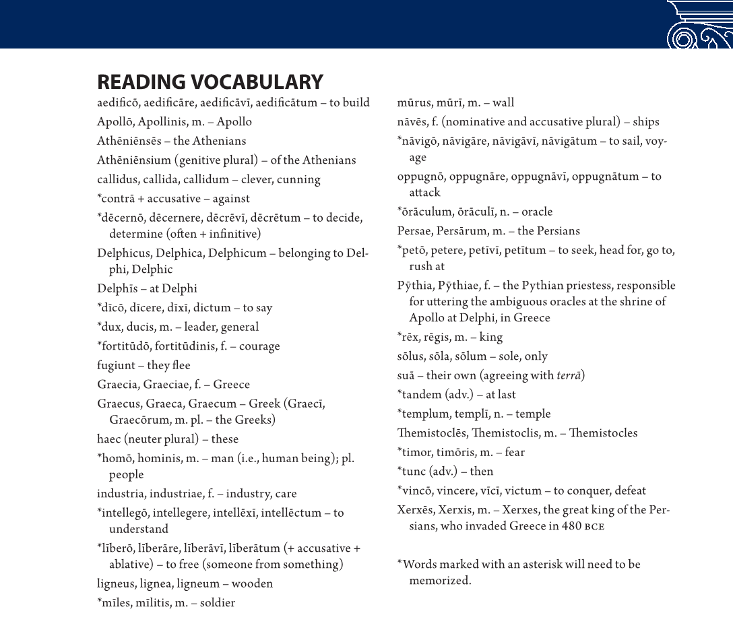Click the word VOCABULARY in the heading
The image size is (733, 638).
click(x=257, y=82)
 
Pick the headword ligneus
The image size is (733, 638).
click(x=117, y=583)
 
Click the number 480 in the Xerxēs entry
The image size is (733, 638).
click(x=572, y=526)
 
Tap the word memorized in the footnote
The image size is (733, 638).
click(x=439, y=580)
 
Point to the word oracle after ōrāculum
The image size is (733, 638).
click(x=536, y=212)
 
